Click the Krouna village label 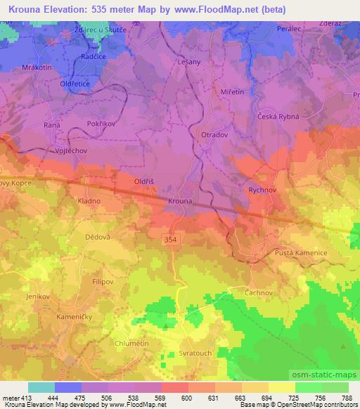click(x=180, y=202)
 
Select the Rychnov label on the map click(x=264, y=190)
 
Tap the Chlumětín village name click(x=132, y=343)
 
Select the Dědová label click(x=98, y=237)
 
